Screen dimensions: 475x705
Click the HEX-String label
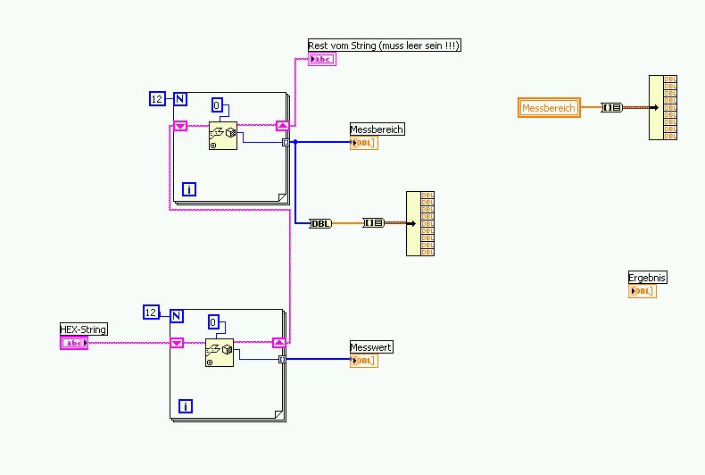(x=84, y=329)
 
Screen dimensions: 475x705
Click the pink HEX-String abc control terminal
(x=74, y=343)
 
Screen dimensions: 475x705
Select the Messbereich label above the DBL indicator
(x=377, y=129)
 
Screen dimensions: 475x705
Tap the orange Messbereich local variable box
(x=549, y=108)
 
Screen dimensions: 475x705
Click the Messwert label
(x=371, y=347)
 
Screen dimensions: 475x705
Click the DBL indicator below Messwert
(x=364, y=361)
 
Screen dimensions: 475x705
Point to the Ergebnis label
(x=647, y=278)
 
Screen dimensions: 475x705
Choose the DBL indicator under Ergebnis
(x=643, y=291)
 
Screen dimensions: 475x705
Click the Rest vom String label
(x=384, y=46)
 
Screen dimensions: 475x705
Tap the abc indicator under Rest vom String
(x=321, y=60)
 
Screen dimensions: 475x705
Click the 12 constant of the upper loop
(x=158, y=99)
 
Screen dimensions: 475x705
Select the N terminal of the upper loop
(x=179, y=99)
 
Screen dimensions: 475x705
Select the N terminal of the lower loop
(x=176, y=315)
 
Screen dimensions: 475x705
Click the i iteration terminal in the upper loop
(x=188, y=188)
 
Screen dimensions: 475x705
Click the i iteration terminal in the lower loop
(x=186, y=406)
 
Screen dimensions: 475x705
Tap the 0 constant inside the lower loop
(x=214, y=322)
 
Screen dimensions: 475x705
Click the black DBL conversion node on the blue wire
(x=320, y=223)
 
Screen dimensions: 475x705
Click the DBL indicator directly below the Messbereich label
(x=364, y=143)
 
